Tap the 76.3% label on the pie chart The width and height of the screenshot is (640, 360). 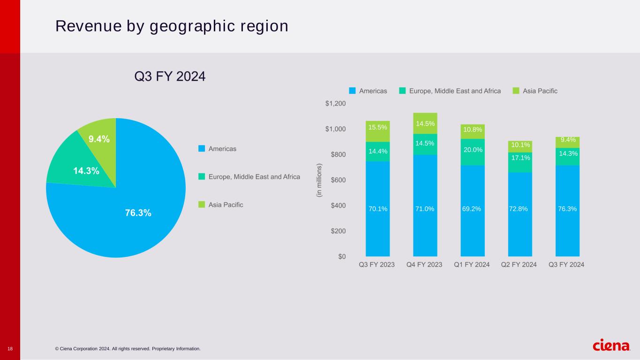click(x=138, y=213)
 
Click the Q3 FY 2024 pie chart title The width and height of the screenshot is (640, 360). click(x=170, y=76)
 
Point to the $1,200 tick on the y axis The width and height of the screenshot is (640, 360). click(x=335, y=104)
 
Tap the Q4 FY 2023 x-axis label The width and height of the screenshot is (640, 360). click(x=424, y=265)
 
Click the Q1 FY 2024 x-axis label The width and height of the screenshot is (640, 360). click(x=472, y=265)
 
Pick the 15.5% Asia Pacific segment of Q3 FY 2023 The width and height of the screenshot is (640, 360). click(x=377, y=131)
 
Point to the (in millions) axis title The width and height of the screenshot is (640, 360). click(x=319, y=180)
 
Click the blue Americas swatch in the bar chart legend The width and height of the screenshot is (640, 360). click(x=353, y=91)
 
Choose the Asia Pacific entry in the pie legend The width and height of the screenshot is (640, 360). click(x=226, y=205)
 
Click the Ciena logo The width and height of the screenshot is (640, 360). click(x=611, y=346)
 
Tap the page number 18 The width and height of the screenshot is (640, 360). click(x=10, y=349)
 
